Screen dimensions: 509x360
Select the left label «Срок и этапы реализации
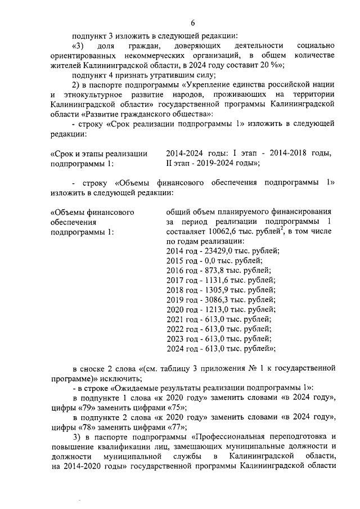coord(99,154)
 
